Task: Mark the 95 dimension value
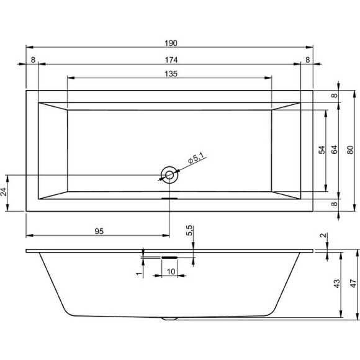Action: tap(99, 231)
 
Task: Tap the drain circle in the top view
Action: tap(169, 175)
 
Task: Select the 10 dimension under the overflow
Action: tap(169, 272)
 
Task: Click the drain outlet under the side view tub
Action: tap(169, 319)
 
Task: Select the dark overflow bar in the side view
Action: tap(169, 255)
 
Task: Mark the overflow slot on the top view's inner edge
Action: tap(169, 199)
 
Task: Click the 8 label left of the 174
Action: tap(32, 60)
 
